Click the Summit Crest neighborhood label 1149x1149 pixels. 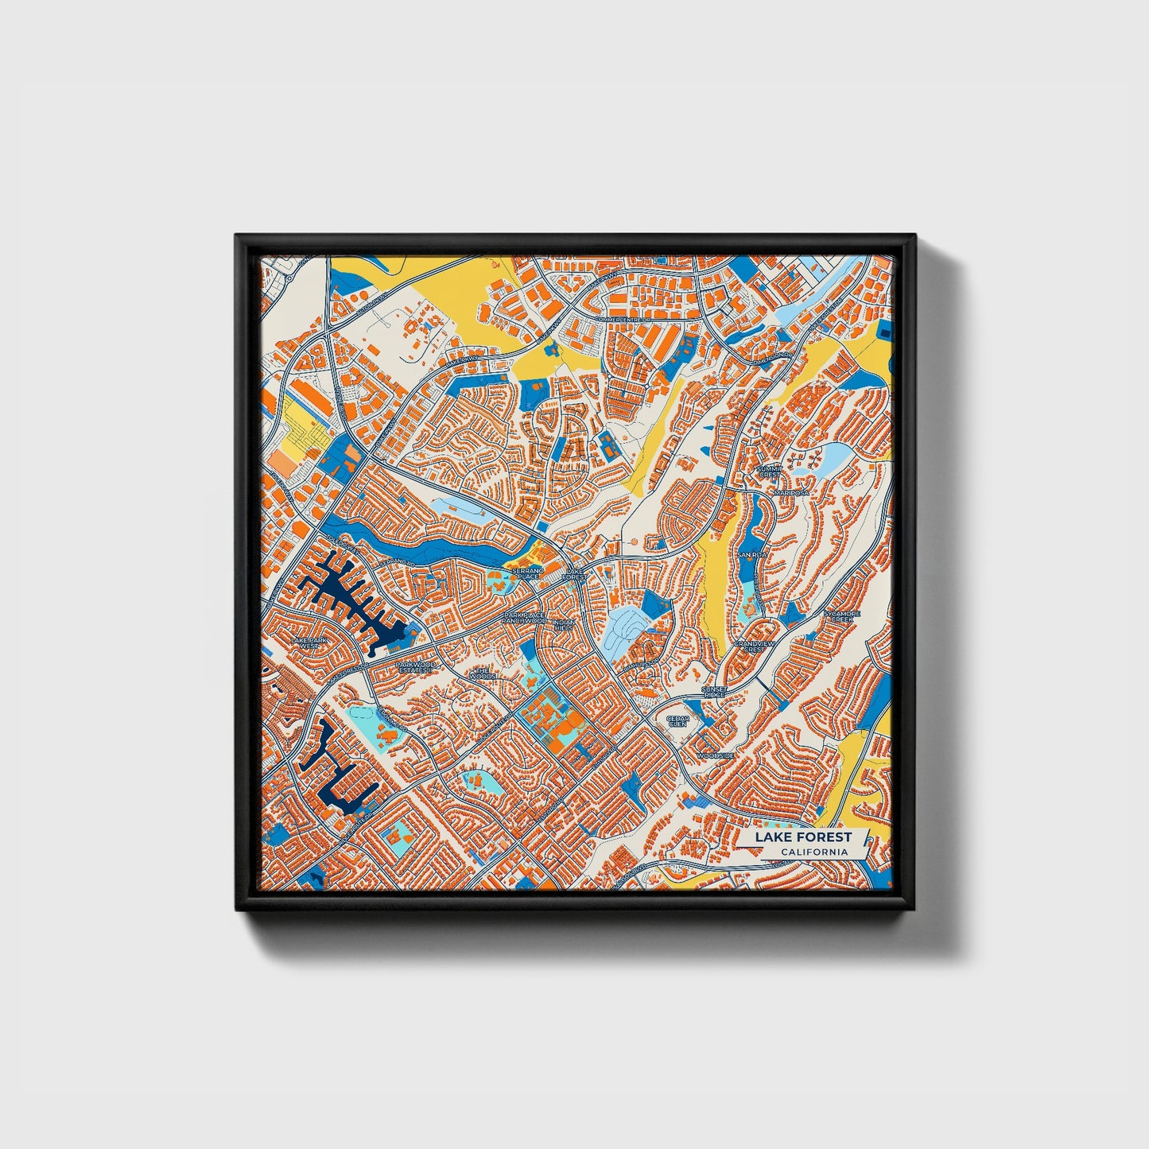coord(769,472)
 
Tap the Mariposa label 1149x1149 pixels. coord(792,493)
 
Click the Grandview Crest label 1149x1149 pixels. coord(754,646)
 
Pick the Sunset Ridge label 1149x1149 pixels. coord(714,692)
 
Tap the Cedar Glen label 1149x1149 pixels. coord(677,721)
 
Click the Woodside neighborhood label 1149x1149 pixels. coord(716,755)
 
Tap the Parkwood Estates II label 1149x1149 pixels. coord(416,667)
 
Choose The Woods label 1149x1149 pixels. coord(483,673)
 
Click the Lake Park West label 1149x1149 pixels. coord(309,642)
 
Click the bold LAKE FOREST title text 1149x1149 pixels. coord(802,837)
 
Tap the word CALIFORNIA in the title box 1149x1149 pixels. coord(813,852)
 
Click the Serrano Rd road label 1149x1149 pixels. coord(397,563)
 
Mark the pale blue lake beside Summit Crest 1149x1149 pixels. coord(832,457)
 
